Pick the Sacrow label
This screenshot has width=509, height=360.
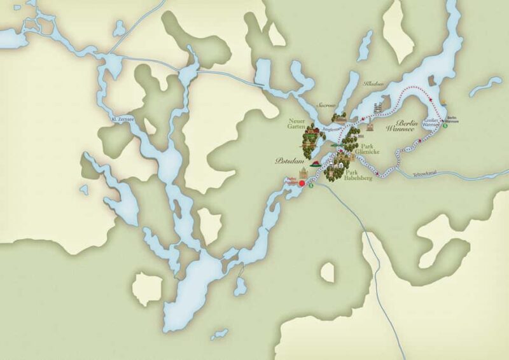326,106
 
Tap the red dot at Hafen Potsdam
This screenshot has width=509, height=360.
302,183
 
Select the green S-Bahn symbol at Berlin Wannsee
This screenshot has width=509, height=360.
446,125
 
